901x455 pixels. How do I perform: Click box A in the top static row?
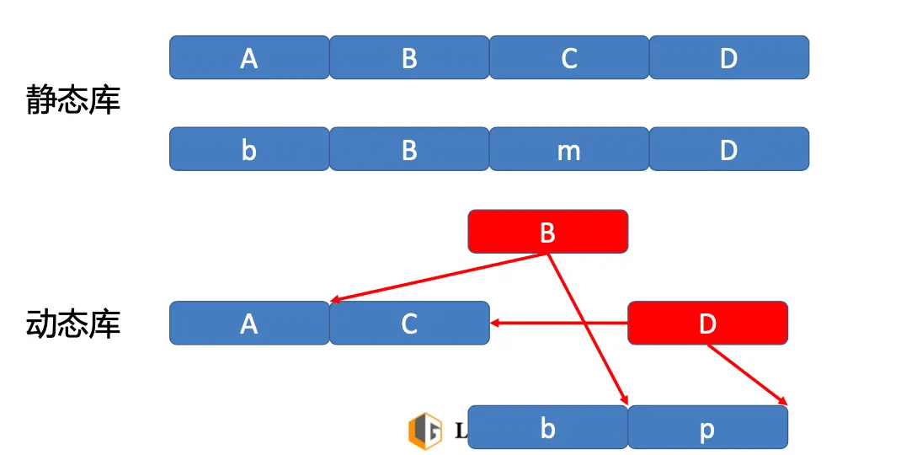click(249, 57)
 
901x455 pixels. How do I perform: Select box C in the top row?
click(569, 57)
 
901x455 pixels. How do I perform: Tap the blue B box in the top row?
click(409, 57)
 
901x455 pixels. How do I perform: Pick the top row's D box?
click(729, 57)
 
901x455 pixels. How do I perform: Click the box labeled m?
click(569, 149)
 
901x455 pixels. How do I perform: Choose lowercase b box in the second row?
click(249, 149)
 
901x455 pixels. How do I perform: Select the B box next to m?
click(409, 149)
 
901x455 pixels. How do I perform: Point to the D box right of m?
click(729, 149)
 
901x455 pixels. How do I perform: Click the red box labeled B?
click(548, 232)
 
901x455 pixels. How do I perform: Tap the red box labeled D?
click(707, 323)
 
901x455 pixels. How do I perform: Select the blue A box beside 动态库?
click(249, 323)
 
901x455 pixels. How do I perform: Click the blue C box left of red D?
click(409, 323)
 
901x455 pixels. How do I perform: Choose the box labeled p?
click(707, 427)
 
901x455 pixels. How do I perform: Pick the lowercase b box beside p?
click(548, 427)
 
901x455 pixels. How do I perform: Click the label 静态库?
click(74, 100)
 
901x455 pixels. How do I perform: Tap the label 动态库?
click(74, 324)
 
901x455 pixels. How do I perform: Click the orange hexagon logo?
click(424, 430)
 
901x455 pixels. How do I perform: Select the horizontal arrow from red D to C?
click(560, 322)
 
